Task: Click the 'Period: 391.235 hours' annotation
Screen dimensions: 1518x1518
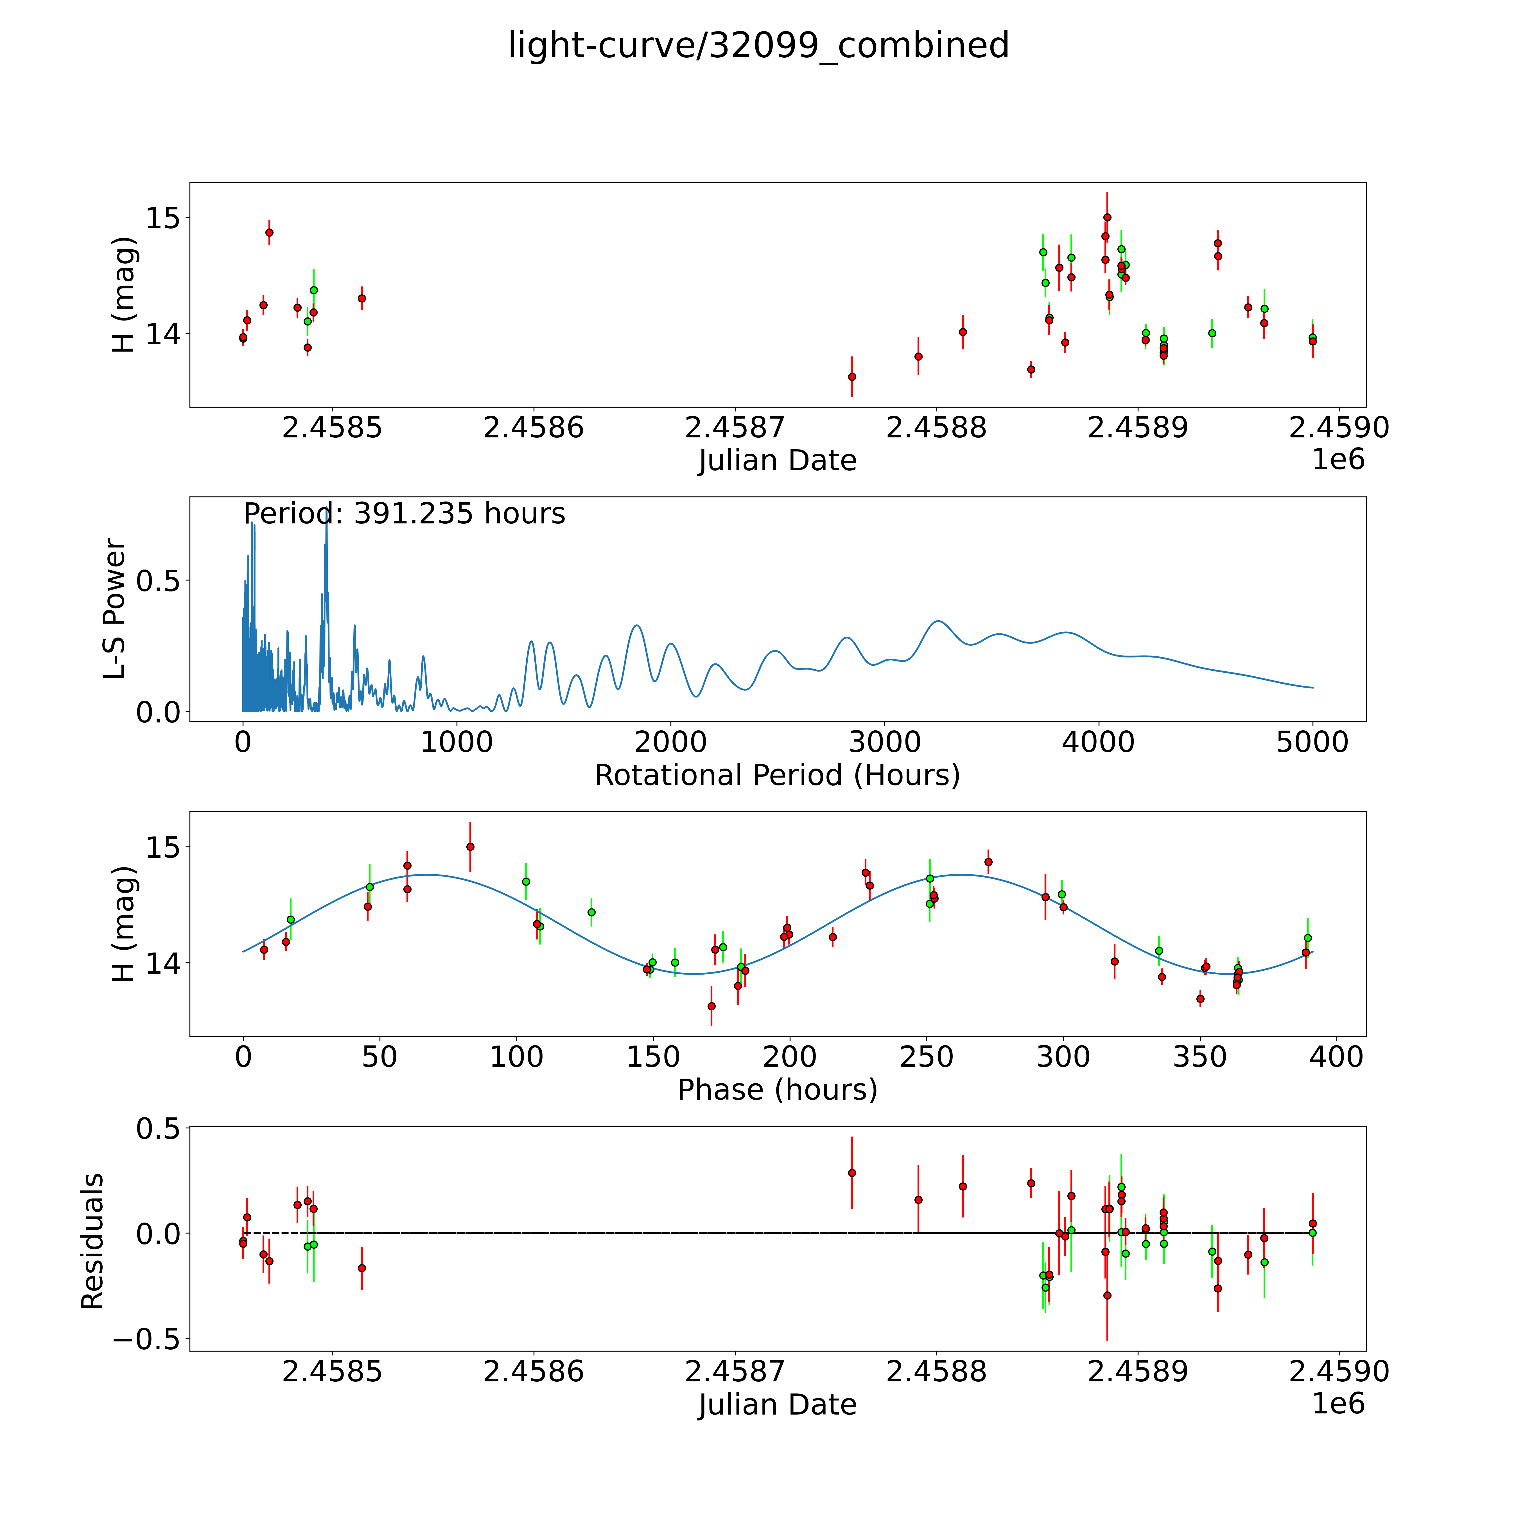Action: click(x=404, y=514)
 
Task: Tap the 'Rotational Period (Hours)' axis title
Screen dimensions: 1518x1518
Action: click(x=777, y=776)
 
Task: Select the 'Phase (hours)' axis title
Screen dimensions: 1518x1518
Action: click(x=777, y=1090)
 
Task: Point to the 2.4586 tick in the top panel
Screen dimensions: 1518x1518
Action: click(x=534, y=428)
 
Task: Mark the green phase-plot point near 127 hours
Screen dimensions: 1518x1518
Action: click(x=592, y=912)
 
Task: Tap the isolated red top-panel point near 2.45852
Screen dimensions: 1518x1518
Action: click(x=362, y=299)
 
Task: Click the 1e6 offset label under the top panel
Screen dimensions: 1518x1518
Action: click(x=1338, y=460)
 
